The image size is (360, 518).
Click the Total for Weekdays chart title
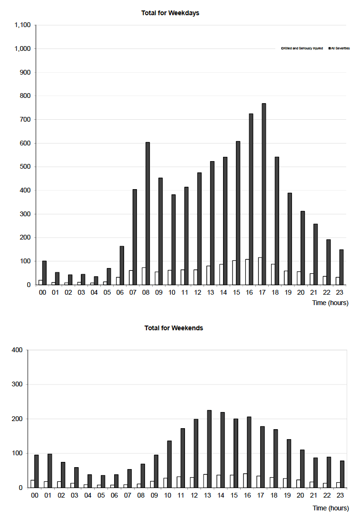(x=170, y=13)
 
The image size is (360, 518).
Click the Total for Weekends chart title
(x=174, y=328)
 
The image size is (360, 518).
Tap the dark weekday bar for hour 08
(x=147, y=213)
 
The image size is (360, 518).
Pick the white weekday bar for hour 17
(x=260, y=271)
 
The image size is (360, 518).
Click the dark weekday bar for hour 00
(x=44, y=273)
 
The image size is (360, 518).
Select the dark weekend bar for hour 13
(x=209, y=449)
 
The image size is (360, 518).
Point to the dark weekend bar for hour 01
(x=49, y=470)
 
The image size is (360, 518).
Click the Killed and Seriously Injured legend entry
(x=302, y=48)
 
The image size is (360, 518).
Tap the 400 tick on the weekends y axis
(x=17, y=350)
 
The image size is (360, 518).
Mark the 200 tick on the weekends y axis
(x=17, y=419)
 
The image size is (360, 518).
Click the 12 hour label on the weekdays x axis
(x=197, y=293)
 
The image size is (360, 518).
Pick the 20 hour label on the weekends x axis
(x=300, y=495)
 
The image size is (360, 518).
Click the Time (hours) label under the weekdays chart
(x=330, y=303)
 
